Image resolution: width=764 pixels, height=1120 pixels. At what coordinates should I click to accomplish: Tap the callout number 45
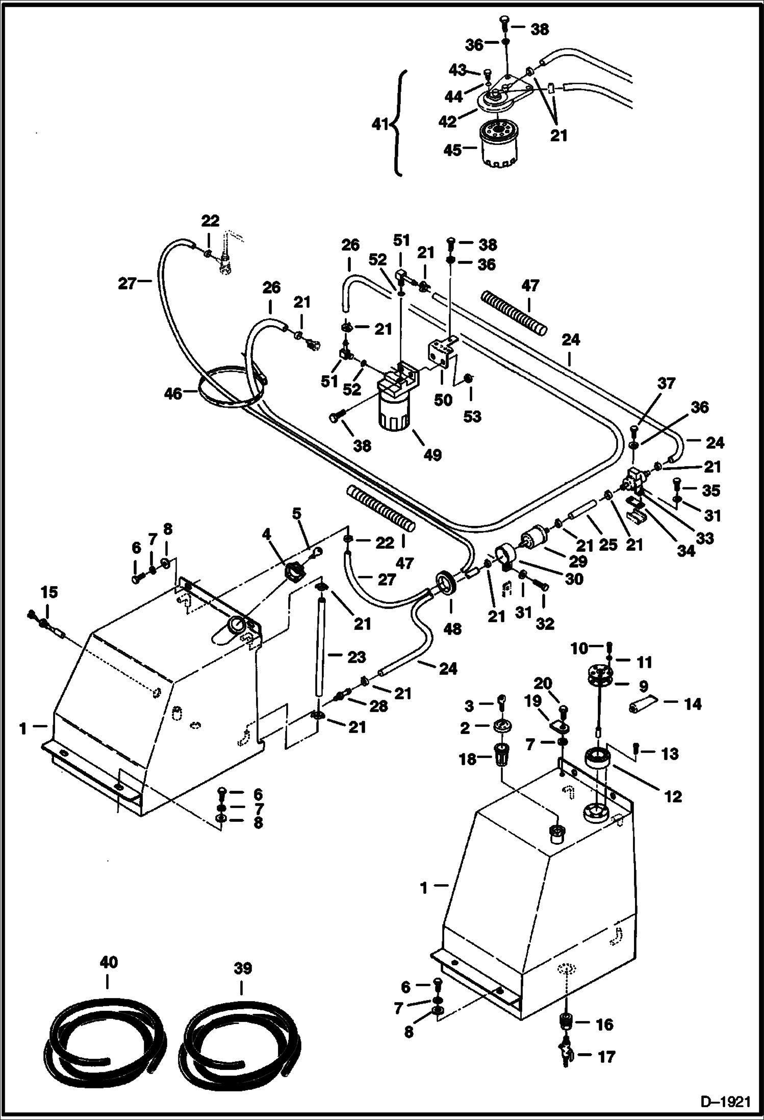tap(452, 150)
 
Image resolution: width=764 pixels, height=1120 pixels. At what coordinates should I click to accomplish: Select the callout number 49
tap(432, 454)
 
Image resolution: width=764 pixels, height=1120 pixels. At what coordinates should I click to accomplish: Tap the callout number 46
tap(173, 393)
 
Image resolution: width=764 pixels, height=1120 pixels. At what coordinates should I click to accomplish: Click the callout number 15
tap(49, 592)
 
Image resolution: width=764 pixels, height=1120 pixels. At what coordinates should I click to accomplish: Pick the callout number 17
tap(606, 1056)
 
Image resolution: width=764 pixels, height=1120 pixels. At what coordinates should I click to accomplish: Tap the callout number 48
tap(451, 628)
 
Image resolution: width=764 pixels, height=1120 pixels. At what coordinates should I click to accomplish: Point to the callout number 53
tap(472, 416)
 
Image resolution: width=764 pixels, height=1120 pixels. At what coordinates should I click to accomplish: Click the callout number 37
tap(666, 383)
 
